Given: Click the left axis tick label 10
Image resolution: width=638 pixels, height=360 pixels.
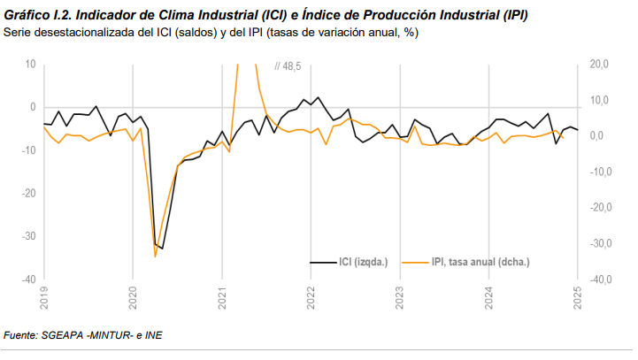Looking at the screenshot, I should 30,65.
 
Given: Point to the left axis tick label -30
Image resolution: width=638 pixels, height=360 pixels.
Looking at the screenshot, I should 27,236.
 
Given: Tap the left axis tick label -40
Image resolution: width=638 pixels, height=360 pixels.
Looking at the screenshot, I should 27,280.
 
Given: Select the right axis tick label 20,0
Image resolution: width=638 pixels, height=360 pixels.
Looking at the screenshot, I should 599,65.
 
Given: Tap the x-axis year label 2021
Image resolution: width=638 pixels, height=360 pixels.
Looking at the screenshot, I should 222,298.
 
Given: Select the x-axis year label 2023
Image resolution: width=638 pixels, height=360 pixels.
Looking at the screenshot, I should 400,298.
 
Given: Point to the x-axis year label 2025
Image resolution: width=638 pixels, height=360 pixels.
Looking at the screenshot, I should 578,298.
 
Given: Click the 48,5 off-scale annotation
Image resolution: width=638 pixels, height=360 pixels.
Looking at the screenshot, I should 290,66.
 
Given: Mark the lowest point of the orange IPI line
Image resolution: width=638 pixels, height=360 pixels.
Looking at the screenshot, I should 155,257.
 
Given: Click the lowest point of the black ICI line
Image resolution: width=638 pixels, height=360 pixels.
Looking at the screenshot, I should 162,249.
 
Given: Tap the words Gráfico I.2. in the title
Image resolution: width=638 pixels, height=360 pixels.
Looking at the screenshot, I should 35,17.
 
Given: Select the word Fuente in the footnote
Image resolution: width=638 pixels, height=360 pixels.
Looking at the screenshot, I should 20,335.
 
